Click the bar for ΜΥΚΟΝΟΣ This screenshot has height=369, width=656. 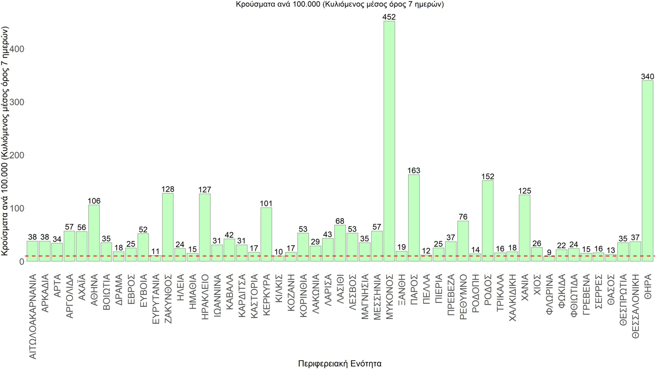389,141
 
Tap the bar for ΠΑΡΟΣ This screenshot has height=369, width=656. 414,218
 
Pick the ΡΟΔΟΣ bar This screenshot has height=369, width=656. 488,221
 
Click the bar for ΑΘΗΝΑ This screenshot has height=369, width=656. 94,233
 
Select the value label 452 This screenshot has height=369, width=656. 389,17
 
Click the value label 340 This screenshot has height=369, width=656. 648,76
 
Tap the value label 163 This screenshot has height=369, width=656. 414,170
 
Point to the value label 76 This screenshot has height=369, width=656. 463,217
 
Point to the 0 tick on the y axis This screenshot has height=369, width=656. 21,262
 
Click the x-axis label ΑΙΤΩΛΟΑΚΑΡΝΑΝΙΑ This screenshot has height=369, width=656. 33,316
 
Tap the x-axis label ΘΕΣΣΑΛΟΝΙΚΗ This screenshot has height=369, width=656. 635,306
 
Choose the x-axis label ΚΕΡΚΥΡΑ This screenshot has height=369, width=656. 266,295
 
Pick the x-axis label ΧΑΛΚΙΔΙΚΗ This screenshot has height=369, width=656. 512,298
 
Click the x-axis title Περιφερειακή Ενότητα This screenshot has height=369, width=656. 340,363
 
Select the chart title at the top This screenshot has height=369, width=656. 340,4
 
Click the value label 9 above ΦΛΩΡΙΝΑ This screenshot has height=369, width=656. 549,253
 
